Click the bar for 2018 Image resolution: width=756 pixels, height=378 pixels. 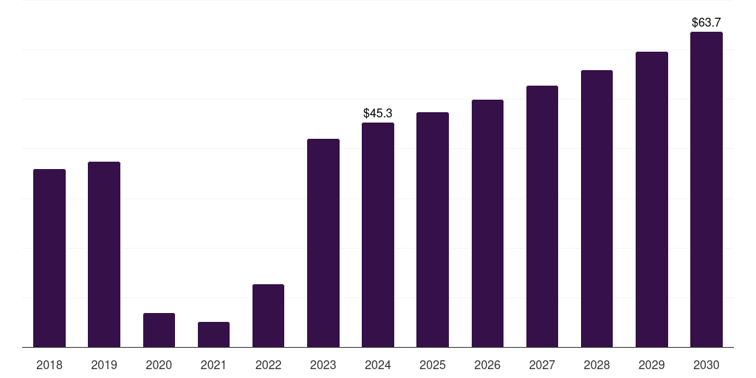49,258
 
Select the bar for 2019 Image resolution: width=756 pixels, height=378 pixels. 104,254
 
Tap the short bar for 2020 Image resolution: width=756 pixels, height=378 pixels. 159,330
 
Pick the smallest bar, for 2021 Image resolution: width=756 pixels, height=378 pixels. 213,334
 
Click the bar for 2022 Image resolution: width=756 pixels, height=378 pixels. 268,315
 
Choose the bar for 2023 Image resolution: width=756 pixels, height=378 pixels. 323,243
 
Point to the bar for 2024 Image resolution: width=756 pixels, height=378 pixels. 378,235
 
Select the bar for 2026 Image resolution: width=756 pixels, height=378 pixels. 487,223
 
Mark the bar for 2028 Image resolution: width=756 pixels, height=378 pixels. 597,208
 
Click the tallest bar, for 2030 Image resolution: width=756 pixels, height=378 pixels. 707,189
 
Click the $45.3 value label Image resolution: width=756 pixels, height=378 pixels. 378,113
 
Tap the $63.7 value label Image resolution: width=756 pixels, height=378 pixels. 707,23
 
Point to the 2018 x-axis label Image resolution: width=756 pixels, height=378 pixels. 49,365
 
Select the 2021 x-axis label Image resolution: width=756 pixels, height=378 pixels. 213,365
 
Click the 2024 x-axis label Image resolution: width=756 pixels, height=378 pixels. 378,365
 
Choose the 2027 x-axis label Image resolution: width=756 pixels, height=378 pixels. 542,365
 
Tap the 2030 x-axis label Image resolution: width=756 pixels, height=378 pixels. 707,365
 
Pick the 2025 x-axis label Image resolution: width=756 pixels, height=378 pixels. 433,365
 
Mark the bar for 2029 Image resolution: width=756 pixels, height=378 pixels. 652,199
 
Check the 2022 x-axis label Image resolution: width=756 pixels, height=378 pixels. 268,365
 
